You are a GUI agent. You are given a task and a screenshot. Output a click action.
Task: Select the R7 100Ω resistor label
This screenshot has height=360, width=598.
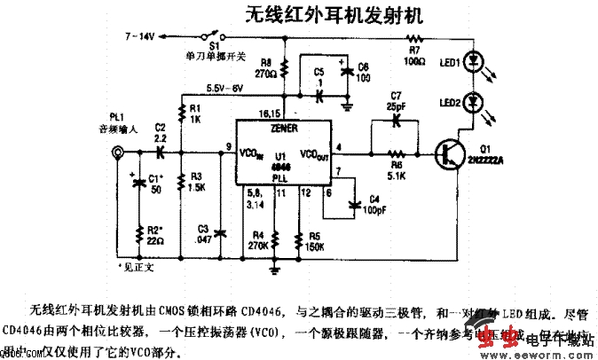click(x=414, y=55)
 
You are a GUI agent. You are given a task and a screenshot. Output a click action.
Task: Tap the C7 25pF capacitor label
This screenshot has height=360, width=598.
click(x=396, y=101)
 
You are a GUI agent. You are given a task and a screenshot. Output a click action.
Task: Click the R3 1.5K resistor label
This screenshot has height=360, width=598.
click(x=197, y=181)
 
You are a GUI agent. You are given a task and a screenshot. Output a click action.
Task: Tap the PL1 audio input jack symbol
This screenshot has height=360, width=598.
click(x=115, y=156)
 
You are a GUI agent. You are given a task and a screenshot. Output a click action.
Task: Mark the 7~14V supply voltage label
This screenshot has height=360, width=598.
click(x=141, y=36)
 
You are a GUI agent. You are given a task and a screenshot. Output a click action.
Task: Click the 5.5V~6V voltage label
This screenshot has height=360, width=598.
click(x=224, y=89)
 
